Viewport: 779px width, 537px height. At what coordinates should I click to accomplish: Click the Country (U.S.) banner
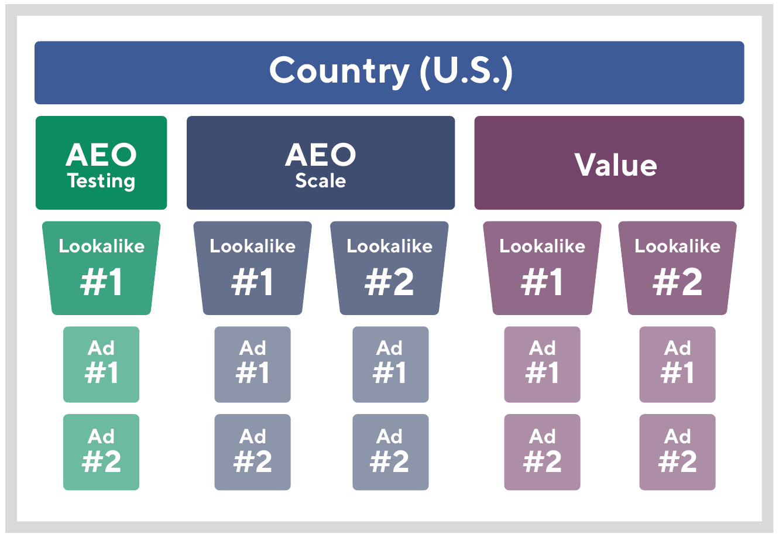coord(389,73)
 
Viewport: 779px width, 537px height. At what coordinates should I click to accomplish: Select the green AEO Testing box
coord(101,163)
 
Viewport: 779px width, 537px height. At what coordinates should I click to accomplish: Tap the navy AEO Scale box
coord(321,163)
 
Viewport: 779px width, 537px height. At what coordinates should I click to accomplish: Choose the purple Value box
coord(609,163)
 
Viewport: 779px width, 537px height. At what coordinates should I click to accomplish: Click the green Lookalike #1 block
coord(101,268)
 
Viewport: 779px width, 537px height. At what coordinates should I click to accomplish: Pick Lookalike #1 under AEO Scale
coord(252,268)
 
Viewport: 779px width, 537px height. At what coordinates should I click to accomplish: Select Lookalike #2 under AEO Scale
coord(389,268)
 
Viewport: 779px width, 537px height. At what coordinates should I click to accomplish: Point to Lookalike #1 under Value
coord(542,268)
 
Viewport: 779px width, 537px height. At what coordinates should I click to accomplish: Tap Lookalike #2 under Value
coord(677,268)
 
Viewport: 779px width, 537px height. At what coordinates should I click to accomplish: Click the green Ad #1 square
coord(101,364)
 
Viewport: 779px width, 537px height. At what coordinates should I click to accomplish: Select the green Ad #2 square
coord(101,452)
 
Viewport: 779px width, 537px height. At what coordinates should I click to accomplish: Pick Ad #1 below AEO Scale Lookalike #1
coord(252,364)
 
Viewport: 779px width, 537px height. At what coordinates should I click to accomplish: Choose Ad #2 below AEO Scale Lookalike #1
coord(252,452)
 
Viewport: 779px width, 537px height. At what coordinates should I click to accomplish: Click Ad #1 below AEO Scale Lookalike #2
coord(390,364)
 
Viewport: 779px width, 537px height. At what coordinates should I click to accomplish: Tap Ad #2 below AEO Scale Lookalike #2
coord(390,452)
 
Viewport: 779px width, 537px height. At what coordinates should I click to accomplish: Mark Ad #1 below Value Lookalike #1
coord(542,364)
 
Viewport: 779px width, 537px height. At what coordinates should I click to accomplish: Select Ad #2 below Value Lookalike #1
coord(542,452)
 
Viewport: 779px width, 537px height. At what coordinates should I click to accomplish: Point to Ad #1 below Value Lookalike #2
coord(677,364)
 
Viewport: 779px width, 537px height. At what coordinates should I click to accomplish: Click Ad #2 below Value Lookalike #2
coord(677,452)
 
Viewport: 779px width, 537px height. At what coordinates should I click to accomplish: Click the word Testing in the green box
coord(101,182)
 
